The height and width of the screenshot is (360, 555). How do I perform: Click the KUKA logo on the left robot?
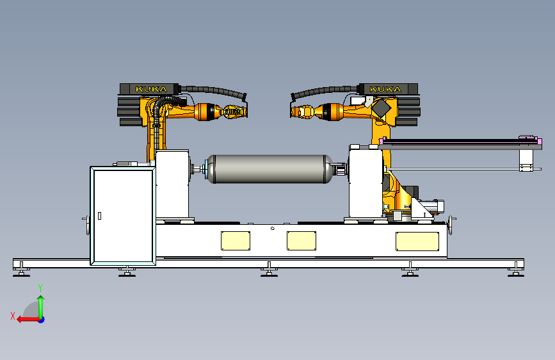pos(151,89)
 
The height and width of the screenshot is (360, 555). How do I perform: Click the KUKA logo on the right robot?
pos(385,89)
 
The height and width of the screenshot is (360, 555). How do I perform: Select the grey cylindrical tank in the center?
pos(269,169)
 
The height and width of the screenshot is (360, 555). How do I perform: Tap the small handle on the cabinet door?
pos(99,215)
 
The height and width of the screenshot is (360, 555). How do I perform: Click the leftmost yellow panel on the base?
pos(236,241)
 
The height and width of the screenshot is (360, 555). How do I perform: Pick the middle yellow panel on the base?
pos(302,241)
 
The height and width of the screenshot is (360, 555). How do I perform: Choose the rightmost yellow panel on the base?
pos(417,241)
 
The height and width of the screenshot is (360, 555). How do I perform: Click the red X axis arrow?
pos(29,320)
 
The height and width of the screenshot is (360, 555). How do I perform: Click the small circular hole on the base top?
pos(273,229)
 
